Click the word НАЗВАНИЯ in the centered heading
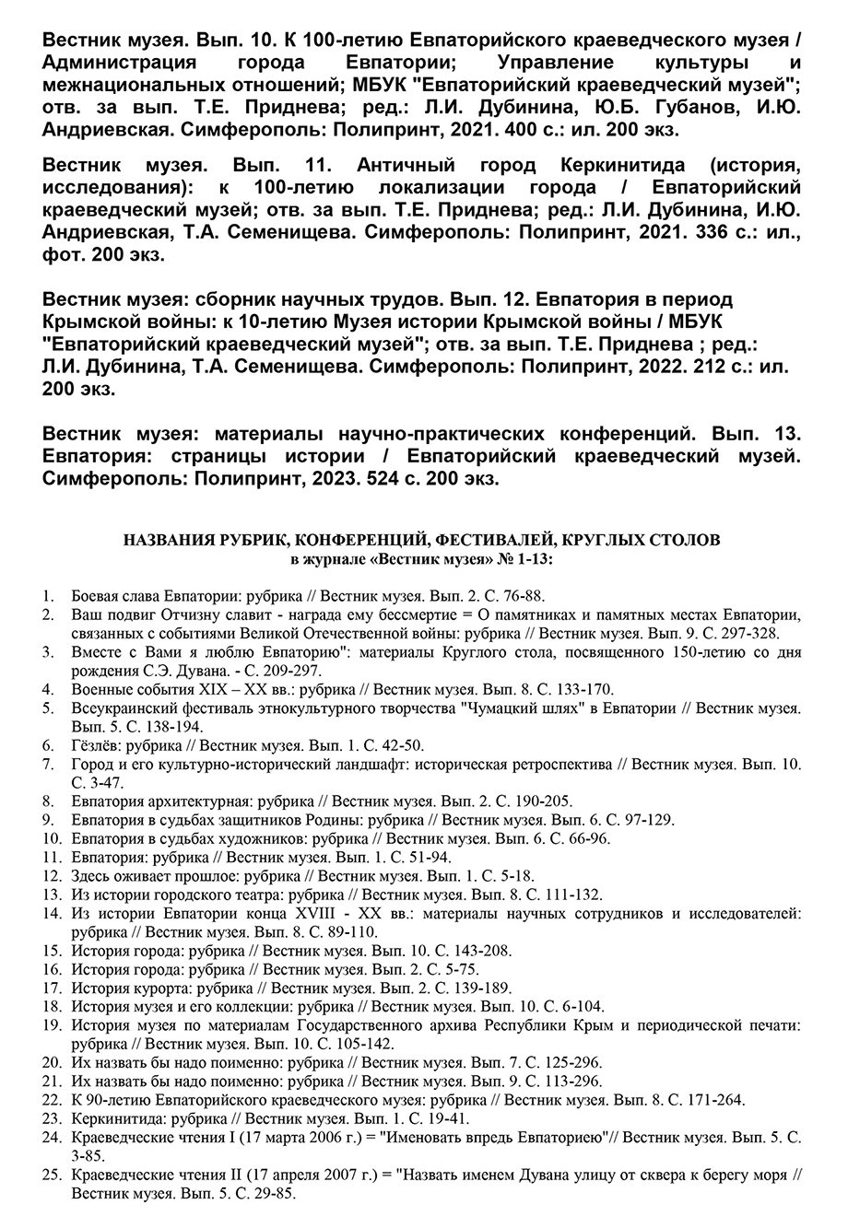170,541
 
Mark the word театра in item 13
257,894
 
